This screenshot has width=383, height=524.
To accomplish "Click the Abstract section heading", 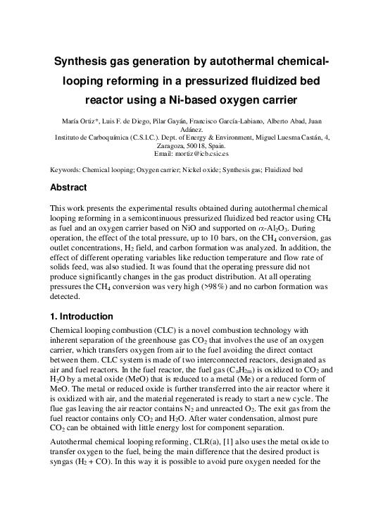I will click(x=68, y=188).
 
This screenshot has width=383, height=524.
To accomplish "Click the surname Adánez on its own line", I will click(x=192, y=129).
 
